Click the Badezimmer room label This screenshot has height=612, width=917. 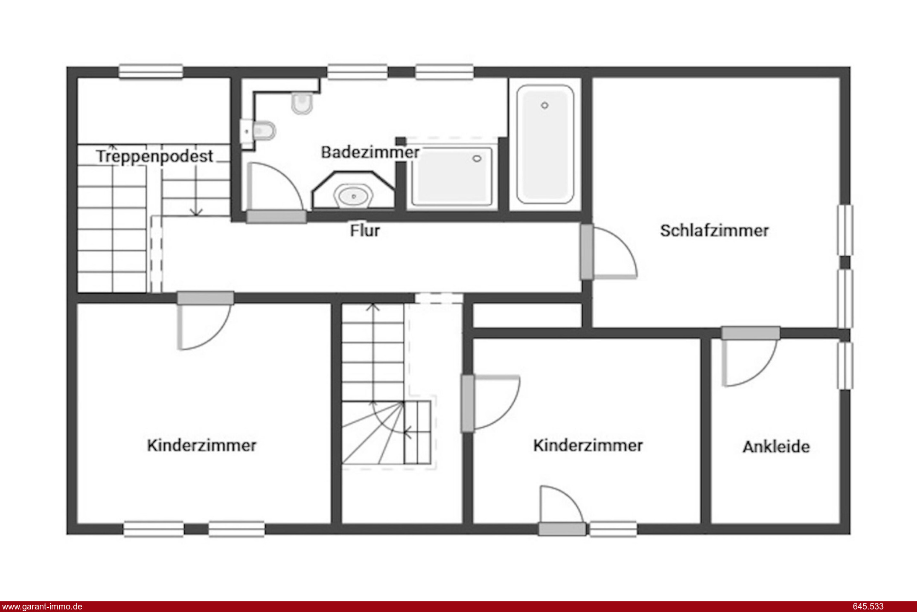(x=370, y=152)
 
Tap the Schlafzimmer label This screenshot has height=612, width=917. (x=714, y=231)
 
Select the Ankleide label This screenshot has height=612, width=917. (x=776, y=447)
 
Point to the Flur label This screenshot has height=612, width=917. (x=365, y=231)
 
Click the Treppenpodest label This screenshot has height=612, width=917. (x=154, y=156)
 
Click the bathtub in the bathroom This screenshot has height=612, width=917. (x=545, y=144)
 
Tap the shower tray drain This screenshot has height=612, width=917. (x=477, y=159)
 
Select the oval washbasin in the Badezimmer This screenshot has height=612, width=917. (x=354, y=196)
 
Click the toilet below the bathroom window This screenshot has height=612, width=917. (x=302, y=103)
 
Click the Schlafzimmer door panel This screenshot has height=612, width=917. (x=587, y=252)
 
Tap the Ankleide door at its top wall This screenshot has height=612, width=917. (x=751, y=333)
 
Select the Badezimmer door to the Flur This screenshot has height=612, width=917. (x=276, y=217)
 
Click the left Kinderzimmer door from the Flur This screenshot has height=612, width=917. (x=206, y=298)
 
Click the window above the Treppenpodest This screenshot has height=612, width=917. (x=151, y=72)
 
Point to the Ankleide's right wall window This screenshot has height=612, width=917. (x=845, y=366)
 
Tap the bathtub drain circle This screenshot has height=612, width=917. (x=544, y=105)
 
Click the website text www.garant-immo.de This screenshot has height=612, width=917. (x=42, y=606)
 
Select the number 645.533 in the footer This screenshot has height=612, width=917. (x=868, y=606)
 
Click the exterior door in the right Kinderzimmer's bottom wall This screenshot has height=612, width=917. (x=562, y=529)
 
